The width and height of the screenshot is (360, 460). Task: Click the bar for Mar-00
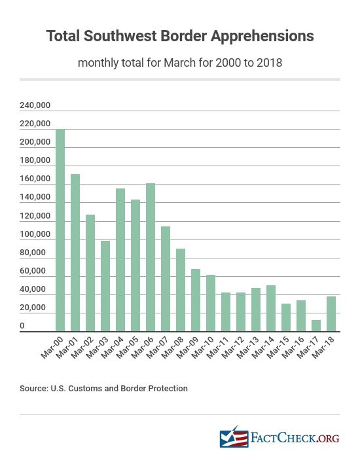click(60, 230)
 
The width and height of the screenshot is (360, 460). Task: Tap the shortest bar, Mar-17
click(316, 326)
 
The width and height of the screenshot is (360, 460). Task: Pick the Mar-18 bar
click(331, 314)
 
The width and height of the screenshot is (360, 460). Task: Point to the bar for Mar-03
click(105, 287)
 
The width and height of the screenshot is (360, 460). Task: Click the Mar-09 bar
click(196, 300)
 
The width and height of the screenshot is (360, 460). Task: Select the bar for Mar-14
click(271, 309)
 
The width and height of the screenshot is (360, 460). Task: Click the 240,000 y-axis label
click(35, 105)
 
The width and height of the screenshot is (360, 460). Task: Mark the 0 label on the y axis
click(22, 326)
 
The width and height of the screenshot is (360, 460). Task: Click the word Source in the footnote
click(33, 389)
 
